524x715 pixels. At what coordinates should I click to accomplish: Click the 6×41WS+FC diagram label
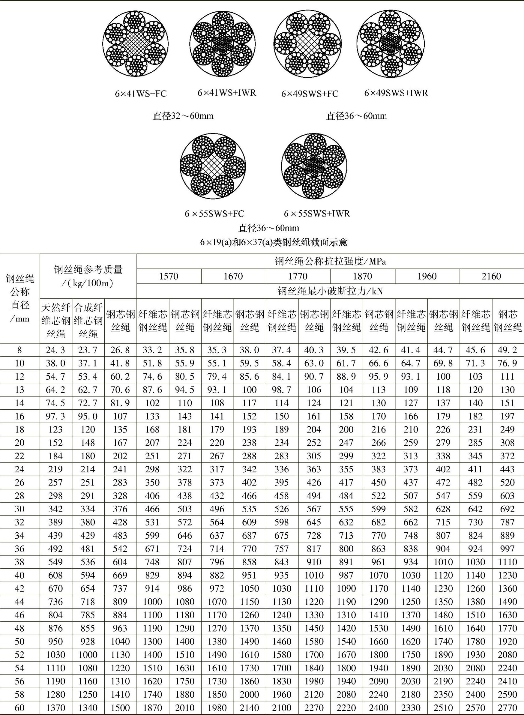[140, 94]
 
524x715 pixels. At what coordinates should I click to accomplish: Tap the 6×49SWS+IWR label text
[396, 93]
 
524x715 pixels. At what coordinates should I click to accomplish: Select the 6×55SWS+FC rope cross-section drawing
[213, 166]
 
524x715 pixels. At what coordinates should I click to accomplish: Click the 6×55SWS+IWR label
[316, 214]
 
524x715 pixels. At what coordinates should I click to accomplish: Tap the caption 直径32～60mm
[183, 116]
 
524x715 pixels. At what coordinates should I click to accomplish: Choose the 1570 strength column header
[169, 276]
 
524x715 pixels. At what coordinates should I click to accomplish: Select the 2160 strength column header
[491, 276]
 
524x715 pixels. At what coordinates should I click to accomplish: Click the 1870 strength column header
[362, 276]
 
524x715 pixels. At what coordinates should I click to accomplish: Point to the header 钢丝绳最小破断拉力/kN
[330, 291]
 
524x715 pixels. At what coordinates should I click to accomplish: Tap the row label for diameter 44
[20, 602]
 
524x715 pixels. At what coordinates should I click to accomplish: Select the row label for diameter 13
[20, 390]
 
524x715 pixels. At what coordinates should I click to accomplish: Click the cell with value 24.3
[55, 350]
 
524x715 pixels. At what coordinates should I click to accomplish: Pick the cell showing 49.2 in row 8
[508, 350]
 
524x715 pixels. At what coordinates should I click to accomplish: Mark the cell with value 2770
[508, 708]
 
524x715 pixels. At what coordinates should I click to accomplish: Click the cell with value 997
[508, 549]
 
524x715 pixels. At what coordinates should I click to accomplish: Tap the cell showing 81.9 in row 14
[120, 403]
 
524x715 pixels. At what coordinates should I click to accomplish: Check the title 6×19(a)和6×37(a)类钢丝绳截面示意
[274, 242]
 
